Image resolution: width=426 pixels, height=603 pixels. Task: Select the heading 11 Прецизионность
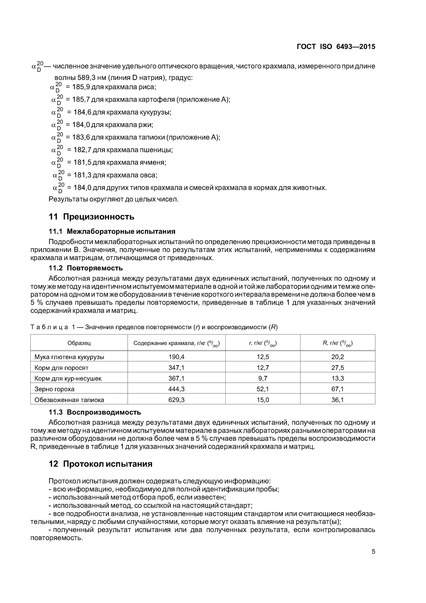pyautogui.click(x=91, y=217)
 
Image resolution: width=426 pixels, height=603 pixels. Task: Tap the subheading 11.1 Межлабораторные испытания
pyautogui.click(x=112, y=231)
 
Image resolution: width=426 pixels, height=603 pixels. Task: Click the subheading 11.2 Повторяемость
pyautogui.click(x=86, y=268)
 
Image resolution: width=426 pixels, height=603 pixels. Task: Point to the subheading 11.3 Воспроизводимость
pyautogui.click(x=95, y=412)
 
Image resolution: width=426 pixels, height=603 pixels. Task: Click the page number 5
pyautogui.click(x=373, y=552)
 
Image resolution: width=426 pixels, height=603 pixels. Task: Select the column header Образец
pyautogui.click(x=79, y=343)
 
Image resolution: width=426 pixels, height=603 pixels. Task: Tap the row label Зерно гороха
pyautogui.click(x=54, y=389)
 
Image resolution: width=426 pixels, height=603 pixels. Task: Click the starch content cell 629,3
pyautogui.click(x=176, y=400)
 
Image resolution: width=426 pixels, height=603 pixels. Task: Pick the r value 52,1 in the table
pyautogui.click(x=263, y=389)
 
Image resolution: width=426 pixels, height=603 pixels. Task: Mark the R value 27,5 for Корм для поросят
pyautogui.click(x=338, y=368)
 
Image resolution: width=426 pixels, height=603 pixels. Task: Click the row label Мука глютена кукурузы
pyautogui.click(x=69, y=357)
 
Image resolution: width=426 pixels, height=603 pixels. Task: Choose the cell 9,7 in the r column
pyautogui.click(x=263, y=378)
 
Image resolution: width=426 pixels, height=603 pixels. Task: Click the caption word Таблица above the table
pyautogui.click(x=49, y=327)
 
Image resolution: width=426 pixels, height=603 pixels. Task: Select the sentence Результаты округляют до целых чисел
pyautogui.click(x=114, y=199)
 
